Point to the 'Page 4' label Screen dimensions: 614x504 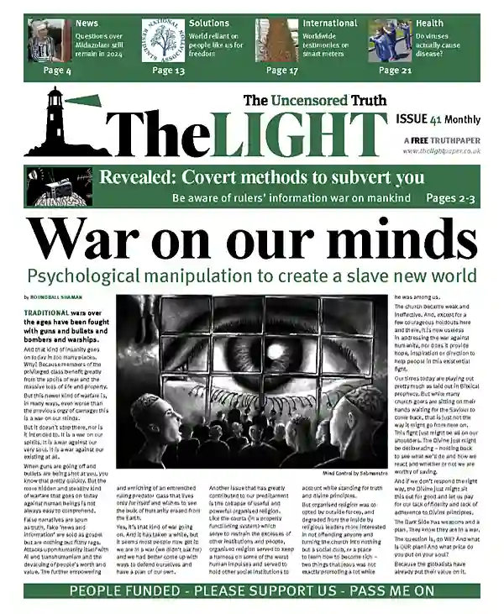(x=57, y=71)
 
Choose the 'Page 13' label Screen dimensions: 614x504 (x=169, y=71)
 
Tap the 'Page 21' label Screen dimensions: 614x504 (x=395, y=71)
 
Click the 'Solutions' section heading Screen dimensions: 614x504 (x=208, y=24)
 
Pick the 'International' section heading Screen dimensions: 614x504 (x=330, y=24)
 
